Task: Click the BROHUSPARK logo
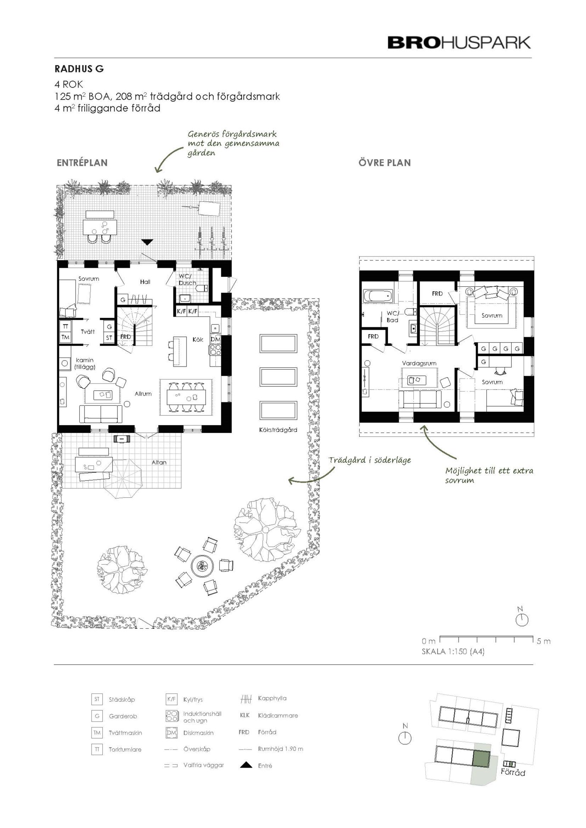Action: (459, 43)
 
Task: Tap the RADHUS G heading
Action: (79, 69)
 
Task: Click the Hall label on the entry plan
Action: (145, 282)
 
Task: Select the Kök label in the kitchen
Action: (198, 339)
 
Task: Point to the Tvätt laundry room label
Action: (88, 332)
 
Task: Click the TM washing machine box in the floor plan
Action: (65, 337)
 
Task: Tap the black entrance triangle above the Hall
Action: (147, 242)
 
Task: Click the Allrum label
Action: (143, 394)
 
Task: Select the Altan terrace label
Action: (159, 462)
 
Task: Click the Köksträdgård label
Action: (278, 430)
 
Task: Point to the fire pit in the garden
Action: (201, 565)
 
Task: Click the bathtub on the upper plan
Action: (378, 296)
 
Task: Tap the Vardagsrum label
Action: (419, 364)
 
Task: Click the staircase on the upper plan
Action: (438, 326)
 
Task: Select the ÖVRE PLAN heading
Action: (384, 163)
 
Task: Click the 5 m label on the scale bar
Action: (544, 641)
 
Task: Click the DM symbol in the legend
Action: (172, 733)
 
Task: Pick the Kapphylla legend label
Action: (272, 698)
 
